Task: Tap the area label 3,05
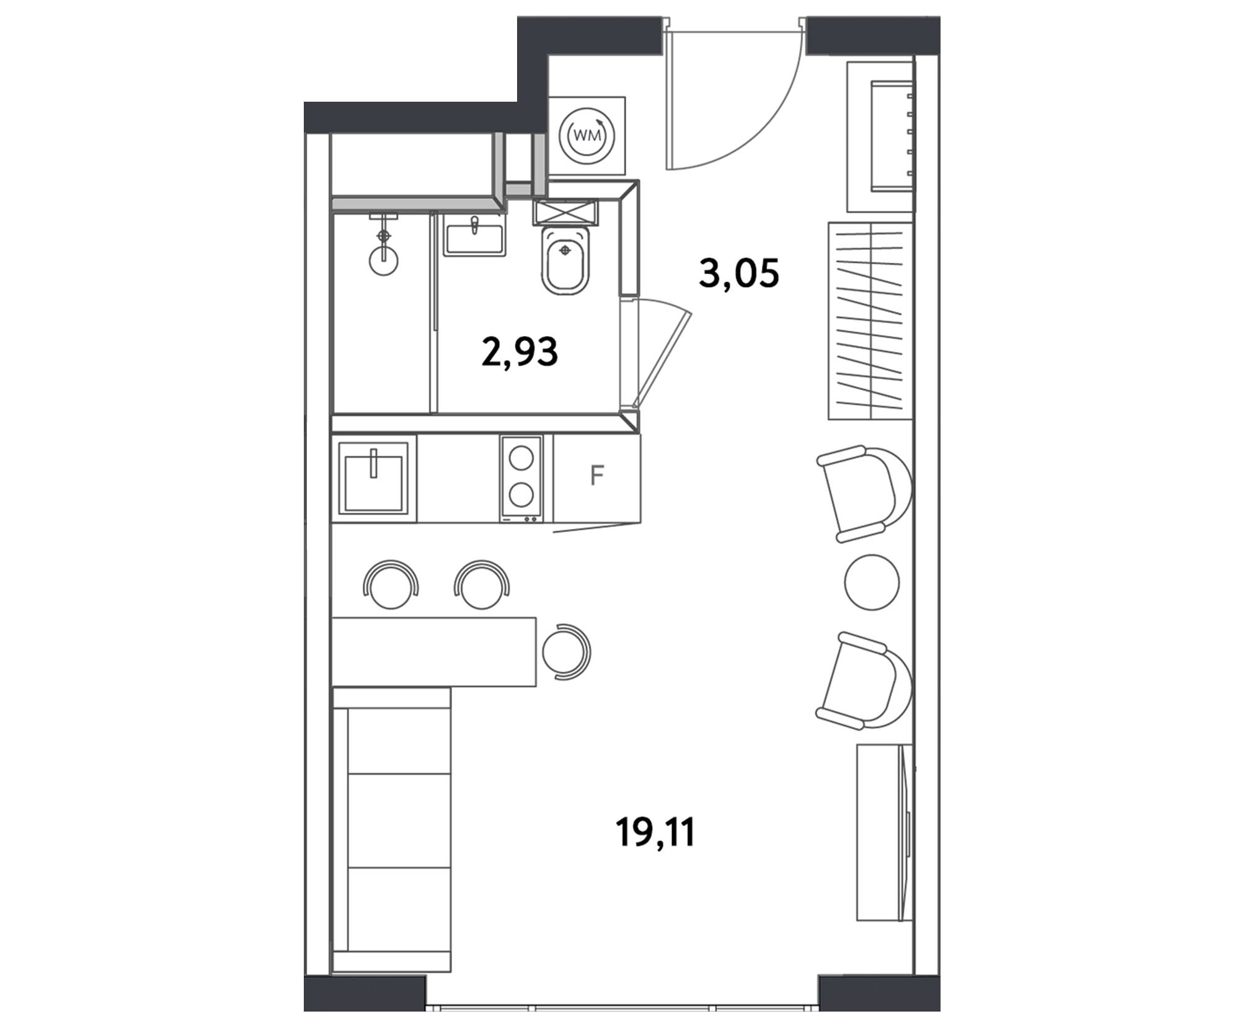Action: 738,274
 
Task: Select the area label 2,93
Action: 520,352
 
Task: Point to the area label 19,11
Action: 655,832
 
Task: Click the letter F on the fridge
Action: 596,476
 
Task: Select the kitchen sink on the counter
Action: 373,478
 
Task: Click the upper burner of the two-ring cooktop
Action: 521,459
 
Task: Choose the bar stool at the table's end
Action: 566,651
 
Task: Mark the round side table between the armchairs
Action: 872,582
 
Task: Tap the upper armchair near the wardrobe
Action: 865,494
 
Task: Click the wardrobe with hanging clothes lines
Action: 871,321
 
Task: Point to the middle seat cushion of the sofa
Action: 399,821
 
